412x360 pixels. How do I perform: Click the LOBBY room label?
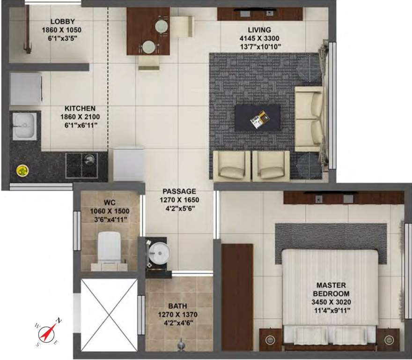[x=62, y=22]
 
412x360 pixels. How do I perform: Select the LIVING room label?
[x=260, y=30]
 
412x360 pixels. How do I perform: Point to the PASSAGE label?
[x=179, y=191]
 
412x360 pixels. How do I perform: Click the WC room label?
[x=110, y=202]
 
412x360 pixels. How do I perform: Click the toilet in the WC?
[x=110, y=247]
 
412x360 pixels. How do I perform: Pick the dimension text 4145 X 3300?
[x=260, y=38]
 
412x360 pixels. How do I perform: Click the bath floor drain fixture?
[x=181, y=346]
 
